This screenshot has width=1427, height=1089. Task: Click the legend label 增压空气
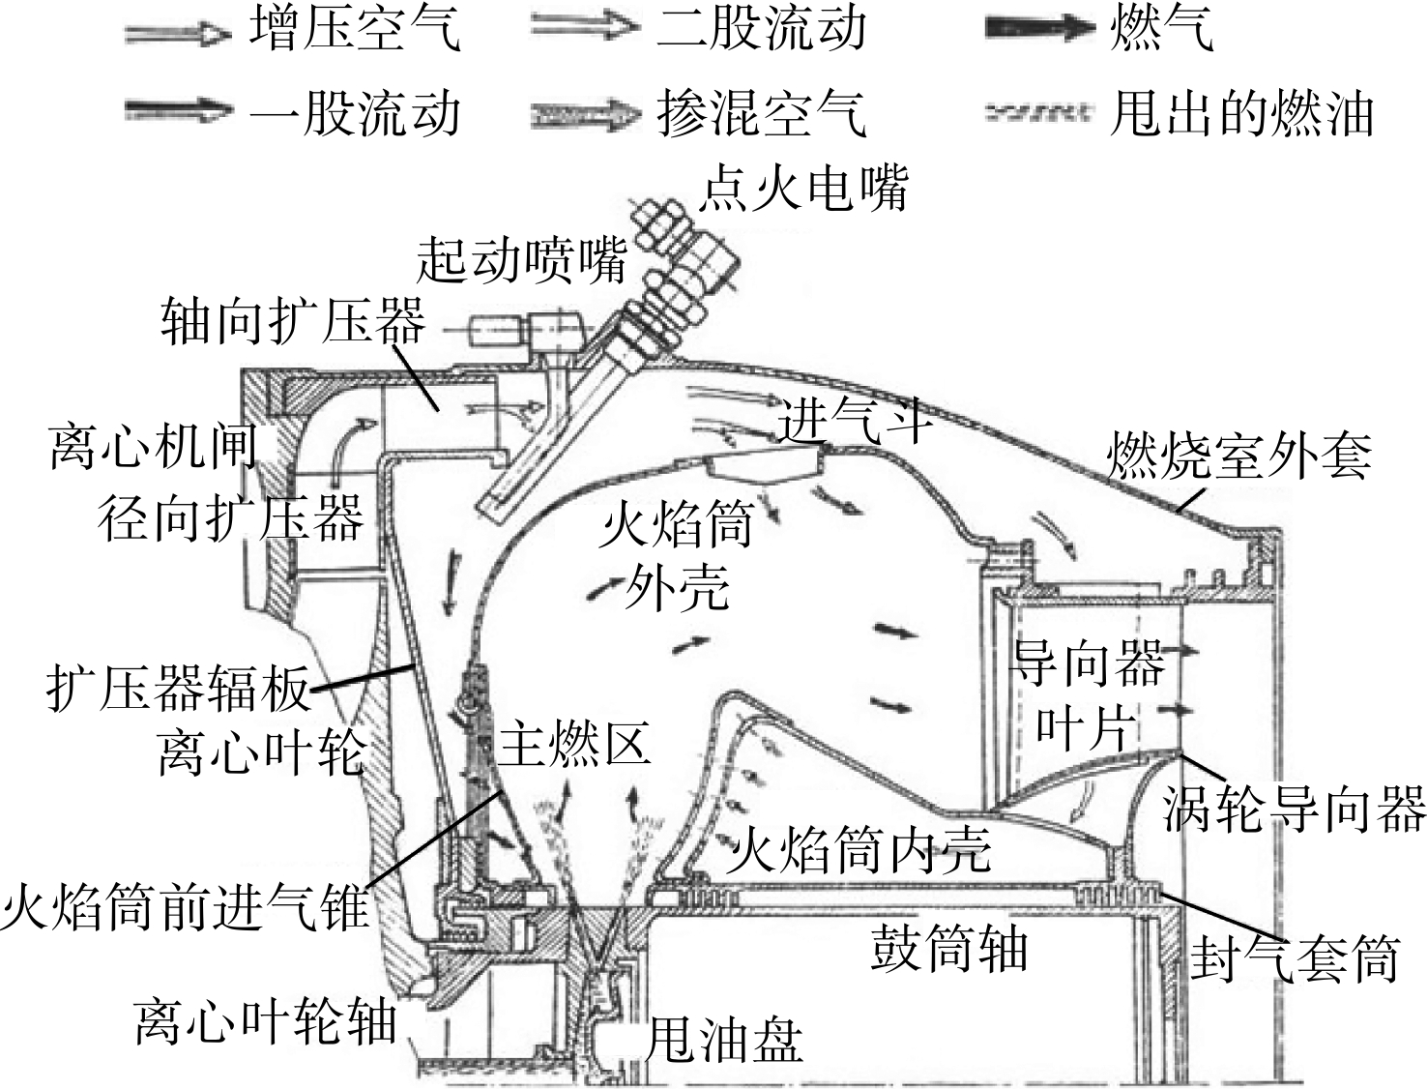[355, 29]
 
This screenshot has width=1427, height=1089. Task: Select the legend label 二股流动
[761, 29]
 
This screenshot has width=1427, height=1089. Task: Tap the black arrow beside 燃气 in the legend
[1040, 29]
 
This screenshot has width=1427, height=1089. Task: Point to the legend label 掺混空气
[761, 114]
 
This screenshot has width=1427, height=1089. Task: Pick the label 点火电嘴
[803, 189]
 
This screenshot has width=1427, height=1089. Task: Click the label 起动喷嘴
[522, 260]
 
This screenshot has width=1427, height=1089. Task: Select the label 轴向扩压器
[293, 320]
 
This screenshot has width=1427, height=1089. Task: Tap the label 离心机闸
[154, 448]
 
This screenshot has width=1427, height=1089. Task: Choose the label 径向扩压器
[231, 518]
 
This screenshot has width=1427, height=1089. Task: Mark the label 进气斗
[856, 421]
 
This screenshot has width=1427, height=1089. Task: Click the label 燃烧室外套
[1239, 455]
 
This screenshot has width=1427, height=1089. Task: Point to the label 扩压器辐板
[178, 689]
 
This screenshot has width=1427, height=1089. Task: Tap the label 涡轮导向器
[1295, 809]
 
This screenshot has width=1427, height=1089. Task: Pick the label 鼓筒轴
[949, 949]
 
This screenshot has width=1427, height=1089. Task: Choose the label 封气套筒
[1295, 958]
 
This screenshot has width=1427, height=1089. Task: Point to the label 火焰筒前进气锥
[186, 906]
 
